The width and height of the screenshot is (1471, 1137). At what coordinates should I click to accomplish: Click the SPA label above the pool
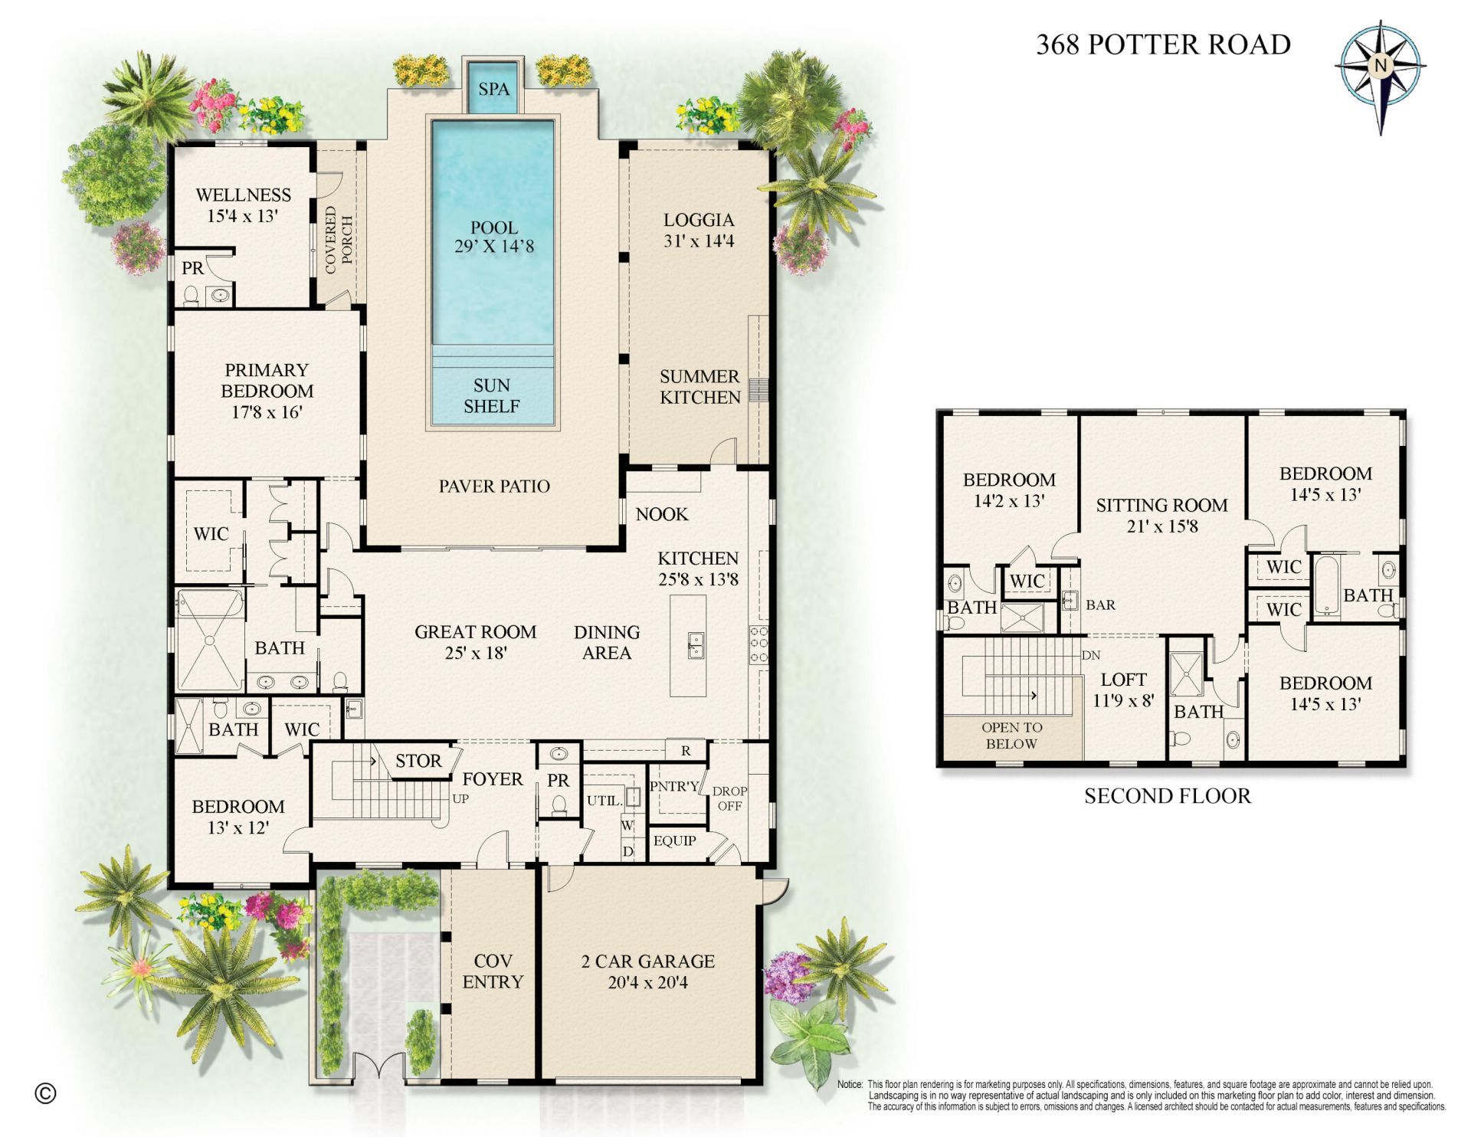click(x=493, y=89)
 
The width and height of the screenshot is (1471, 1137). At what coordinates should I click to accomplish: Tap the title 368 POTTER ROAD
click(x=1163, y=44)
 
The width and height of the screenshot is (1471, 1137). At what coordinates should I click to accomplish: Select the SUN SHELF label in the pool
click(x=491, y=396)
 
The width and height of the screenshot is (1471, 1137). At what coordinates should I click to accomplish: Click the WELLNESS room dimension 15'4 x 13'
click(x=242, y=216)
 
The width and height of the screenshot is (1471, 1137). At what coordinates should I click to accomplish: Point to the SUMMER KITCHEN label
click(x=699, y=387)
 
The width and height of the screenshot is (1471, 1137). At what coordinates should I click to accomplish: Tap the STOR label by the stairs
click(x=418, y=761)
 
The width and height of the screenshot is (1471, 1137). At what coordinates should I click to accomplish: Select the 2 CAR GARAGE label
click(x=647, y=961)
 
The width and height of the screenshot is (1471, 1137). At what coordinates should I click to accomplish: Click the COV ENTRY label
click(x=493, y=972)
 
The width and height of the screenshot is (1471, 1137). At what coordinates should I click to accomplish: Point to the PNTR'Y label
click(x=674, y=786)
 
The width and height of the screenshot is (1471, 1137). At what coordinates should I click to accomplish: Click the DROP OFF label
click(x=729, y=798)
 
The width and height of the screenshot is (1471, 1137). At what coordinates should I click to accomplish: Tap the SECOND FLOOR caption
click(x=1167, y=796)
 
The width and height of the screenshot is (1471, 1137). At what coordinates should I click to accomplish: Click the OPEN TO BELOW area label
click(x=1011, y=736)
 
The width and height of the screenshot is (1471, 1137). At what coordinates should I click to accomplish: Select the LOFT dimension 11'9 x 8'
click(x=1123, y=700)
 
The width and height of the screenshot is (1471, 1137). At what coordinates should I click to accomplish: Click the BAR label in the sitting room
click(x=1100, y=605)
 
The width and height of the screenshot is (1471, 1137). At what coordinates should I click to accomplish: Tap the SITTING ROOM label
click(x=1161, y=505)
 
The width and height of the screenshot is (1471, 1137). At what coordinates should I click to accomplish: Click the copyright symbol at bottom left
click(x=46, y=1093)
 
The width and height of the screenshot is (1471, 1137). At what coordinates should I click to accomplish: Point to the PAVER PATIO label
click(x=494, y=486)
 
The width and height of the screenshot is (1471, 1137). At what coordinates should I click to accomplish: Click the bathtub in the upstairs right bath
click(x=1325, y=587)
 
